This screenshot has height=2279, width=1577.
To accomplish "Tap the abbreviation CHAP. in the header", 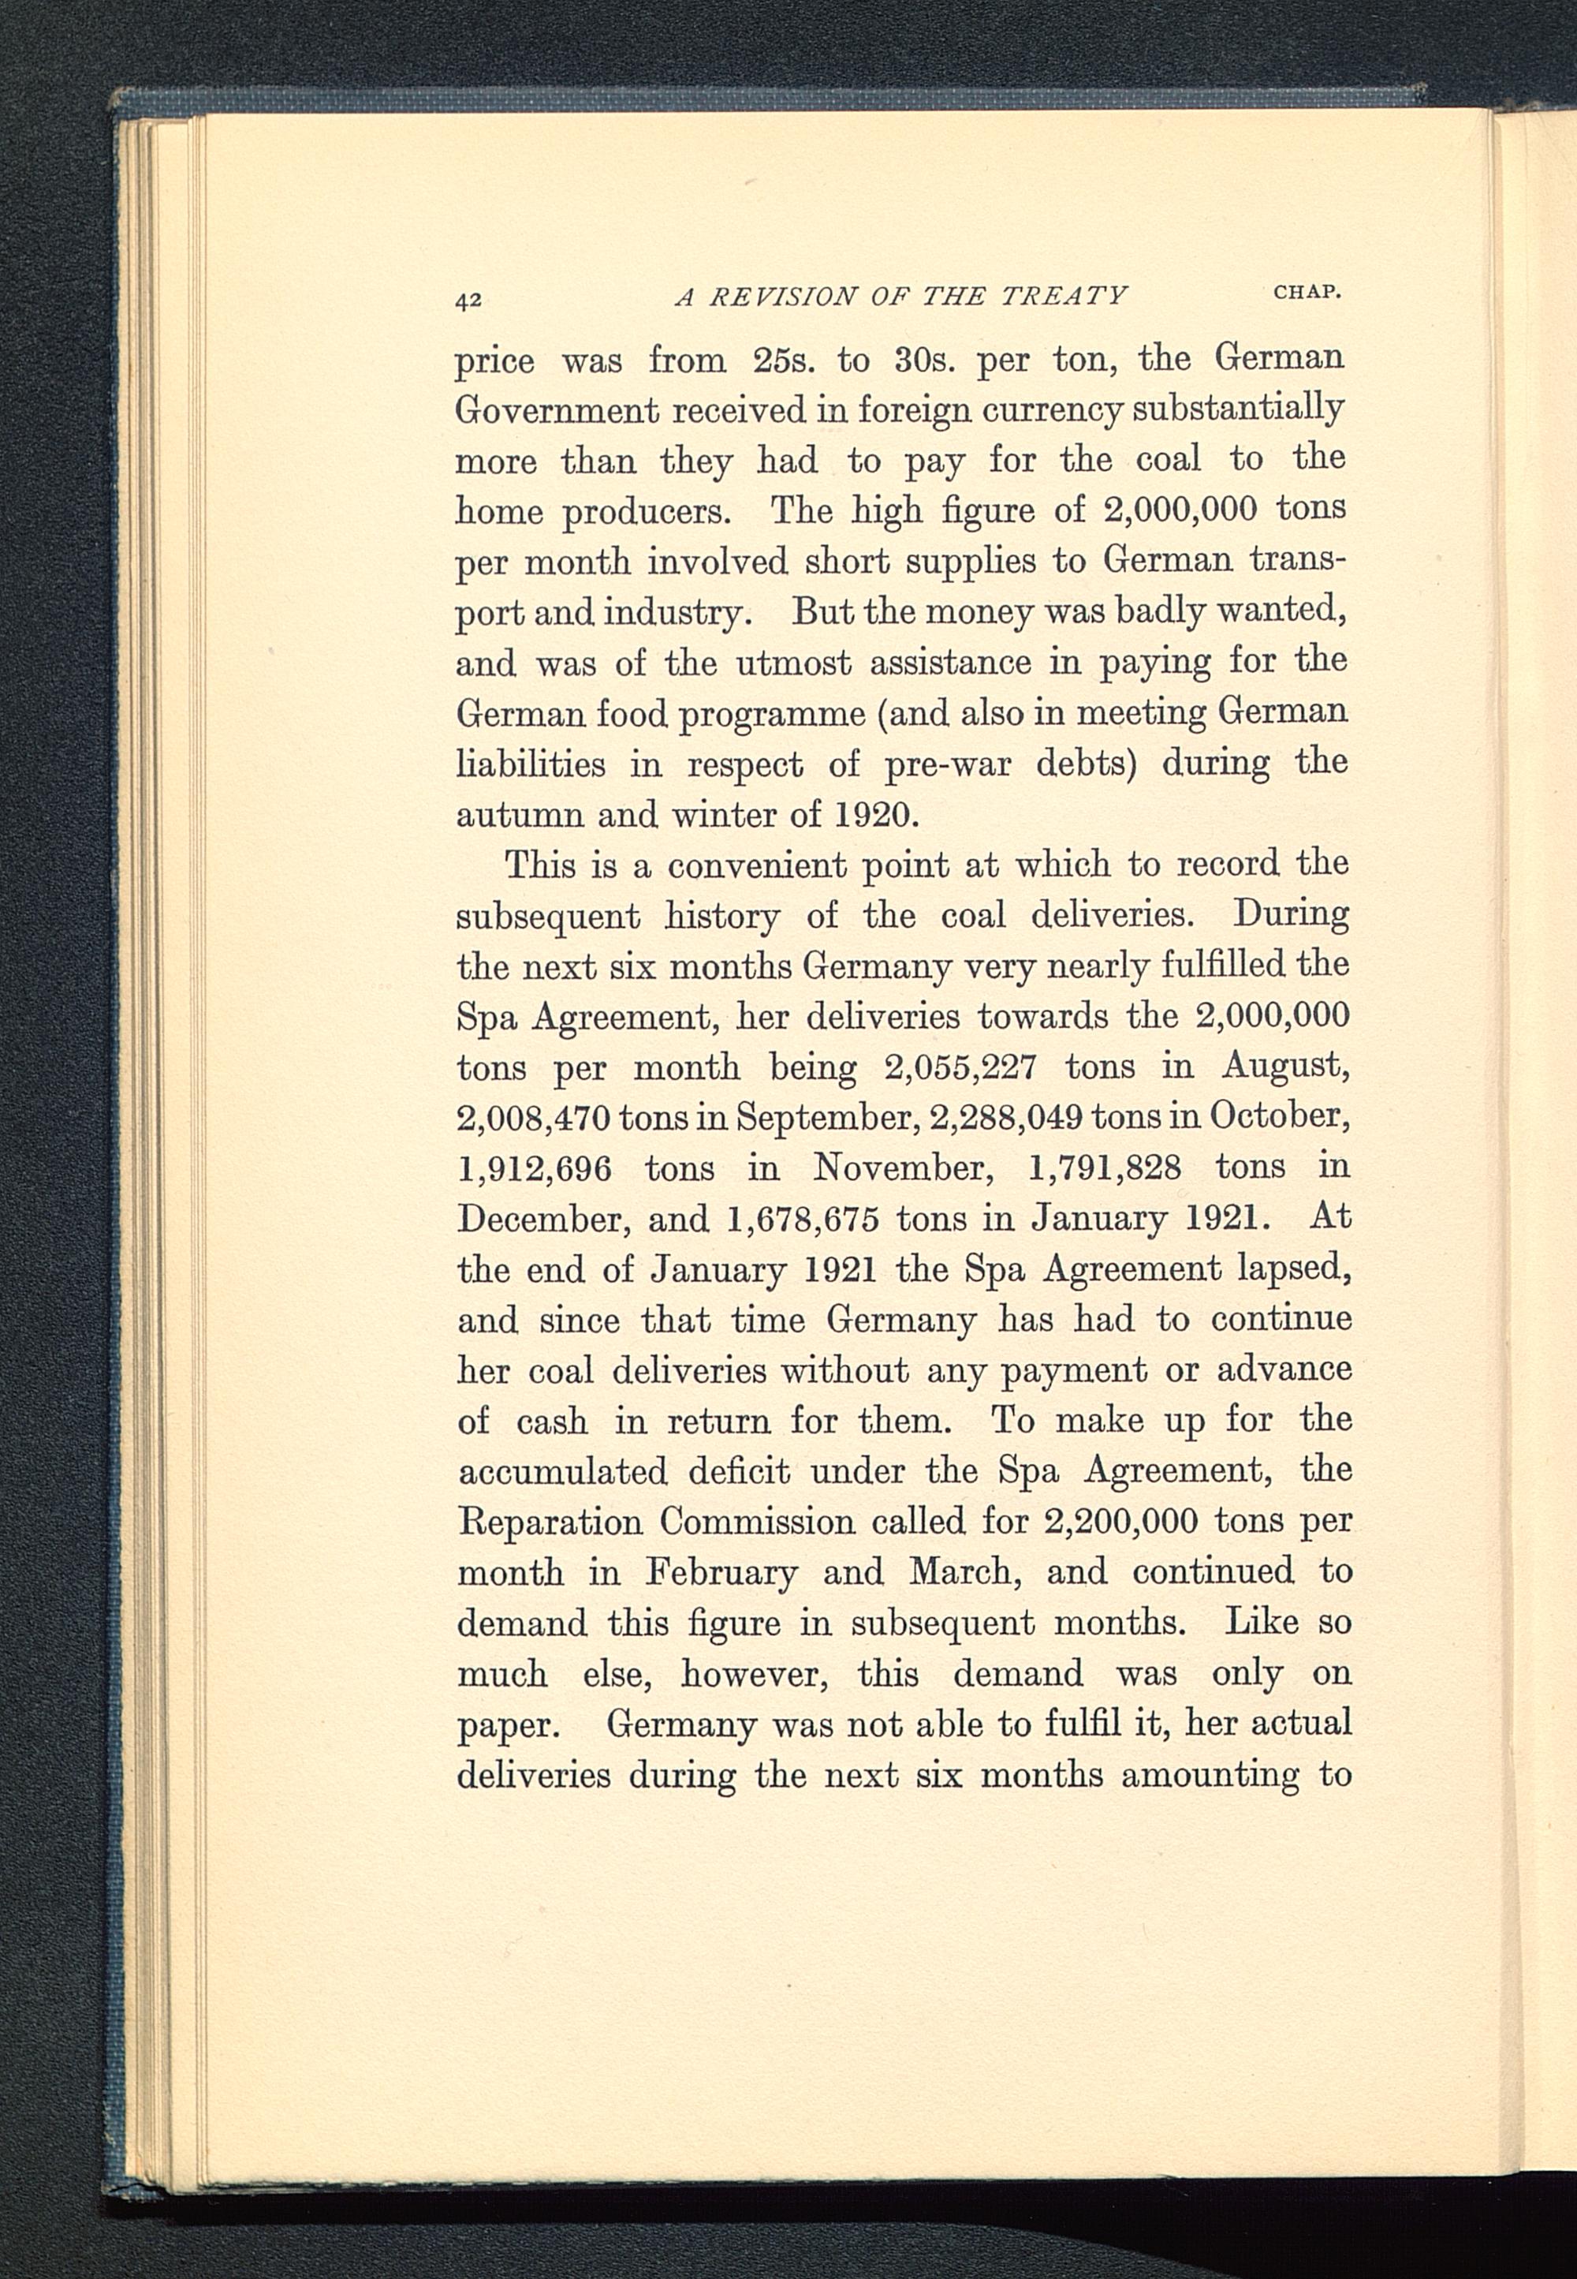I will coord(1307,293).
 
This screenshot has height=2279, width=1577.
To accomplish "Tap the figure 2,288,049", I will coord(1000,1117).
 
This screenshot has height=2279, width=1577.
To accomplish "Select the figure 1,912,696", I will coord(534,1169).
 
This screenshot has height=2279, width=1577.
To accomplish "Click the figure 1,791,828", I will coord(1104,1168).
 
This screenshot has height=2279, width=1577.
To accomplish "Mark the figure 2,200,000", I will coord(1120,1522).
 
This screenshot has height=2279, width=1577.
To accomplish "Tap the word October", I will coord(1280,1117).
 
